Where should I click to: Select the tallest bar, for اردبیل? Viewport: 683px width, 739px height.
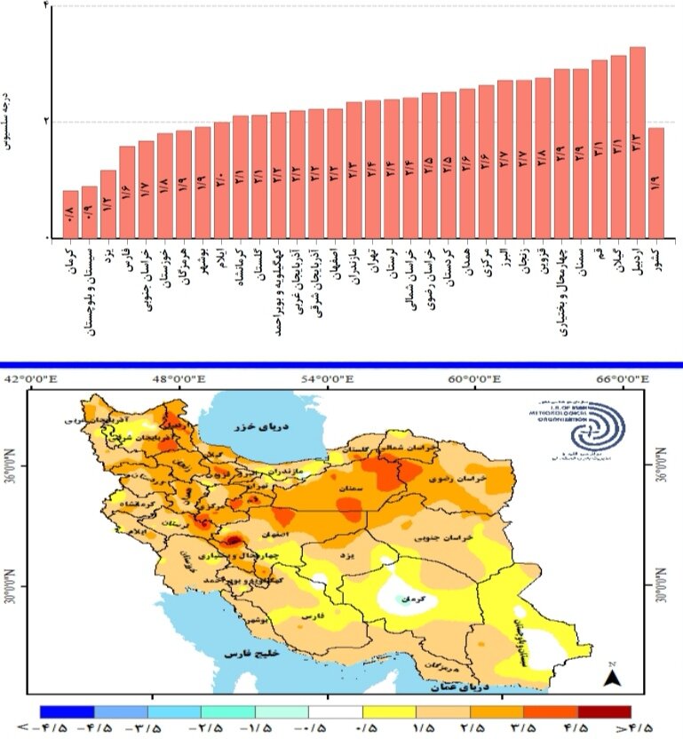[x=637, y=142]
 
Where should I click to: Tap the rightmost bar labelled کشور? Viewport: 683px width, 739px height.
[x=655, y=183]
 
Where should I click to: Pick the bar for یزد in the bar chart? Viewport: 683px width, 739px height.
[x=108, y=204]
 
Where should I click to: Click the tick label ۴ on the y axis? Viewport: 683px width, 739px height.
[x=46, y=6]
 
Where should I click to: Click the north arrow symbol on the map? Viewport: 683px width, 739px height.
[x=611, y=678]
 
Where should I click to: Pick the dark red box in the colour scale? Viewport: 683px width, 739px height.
[x=603, y=711]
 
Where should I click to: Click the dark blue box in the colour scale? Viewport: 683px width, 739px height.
[x=68, y=711]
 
